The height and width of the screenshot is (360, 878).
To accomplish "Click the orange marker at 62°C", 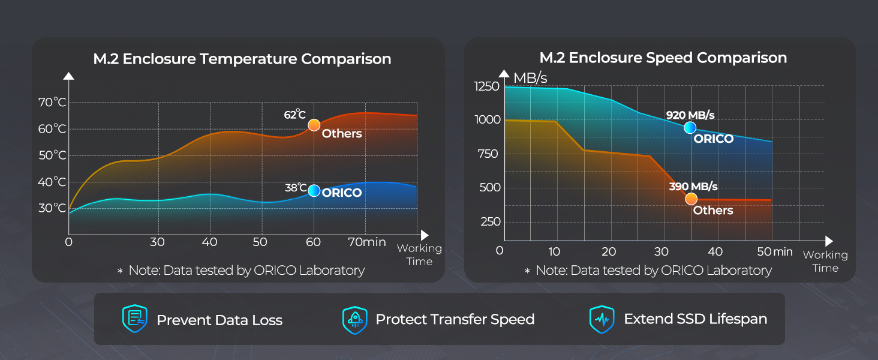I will click(314, 125).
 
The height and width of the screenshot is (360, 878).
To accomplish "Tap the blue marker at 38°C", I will click(314, 190).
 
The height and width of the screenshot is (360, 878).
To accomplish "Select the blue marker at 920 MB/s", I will click(690, 127).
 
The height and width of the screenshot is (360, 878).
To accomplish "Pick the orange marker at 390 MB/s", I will click(691, 199).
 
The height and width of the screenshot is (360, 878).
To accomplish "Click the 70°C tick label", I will click(52, 103).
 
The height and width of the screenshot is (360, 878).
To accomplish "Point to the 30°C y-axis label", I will click(52, 208).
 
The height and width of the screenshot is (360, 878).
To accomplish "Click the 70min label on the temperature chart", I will click(367, 242).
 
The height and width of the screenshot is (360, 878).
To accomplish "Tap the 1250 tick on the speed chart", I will click(486, 87).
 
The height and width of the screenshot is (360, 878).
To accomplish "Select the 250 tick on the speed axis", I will click(490, 222).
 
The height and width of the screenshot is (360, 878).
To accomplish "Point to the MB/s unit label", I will click(530, 78).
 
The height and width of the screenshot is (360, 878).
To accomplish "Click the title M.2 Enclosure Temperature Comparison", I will click(242, 59).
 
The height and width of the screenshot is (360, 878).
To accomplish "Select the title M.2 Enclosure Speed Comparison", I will click(663, 58).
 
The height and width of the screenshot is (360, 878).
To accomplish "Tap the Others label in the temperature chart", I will click(342, 134).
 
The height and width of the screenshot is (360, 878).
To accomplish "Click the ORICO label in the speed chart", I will click(713, 139).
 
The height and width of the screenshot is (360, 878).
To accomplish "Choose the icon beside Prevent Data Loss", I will click(134, 319).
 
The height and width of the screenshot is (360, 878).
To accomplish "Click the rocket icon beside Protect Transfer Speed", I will click(354, 319).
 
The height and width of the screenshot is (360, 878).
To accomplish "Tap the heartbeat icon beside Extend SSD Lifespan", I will click(602, 319).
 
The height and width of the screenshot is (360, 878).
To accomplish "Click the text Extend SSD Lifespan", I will click(695, 319).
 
